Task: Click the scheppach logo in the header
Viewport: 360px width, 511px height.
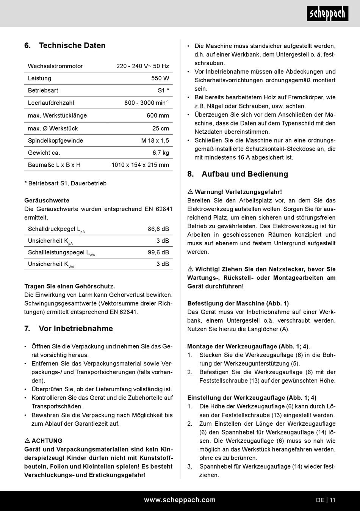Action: pos(327,14)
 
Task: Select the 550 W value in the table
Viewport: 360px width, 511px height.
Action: pos(160,78)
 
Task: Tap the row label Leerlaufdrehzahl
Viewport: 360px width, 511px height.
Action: pos(51,103)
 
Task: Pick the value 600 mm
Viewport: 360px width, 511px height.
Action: pos(158,116)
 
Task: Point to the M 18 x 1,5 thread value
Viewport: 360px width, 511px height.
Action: pos(155,141)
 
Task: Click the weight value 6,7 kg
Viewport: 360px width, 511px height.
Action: pos(161,153)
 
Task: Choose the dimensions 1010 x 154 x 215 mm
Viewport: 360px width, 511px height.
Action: pos(140,165)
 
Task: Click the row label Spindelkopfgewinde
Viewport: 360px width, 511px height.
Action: pos(55,141)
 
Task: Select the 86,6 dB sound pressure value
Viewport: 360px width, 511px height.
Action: pos(158,229)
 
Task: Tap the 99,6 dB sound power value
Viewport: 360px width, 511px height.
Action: pos(158,252)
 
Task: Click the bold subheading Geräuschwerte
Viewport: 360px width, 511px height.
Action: pos(47,201)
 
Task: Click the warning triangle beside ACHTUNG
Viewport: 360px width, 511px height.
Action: pos(27,441)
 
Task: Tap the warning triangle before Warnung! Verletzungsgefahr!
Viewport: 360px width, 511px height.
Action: pos(190,192)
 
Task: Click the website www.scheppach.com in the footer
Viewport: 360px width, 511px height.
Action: pos(180,500)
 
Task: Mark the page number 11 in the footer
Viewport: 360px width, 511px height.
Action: pos(332,500)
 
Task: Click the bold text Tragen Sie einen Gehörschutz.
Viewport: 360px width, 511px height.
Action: pos(69,286)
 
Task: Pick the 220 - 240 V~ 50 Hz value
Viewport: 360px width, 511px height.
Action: pos(142,66)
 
